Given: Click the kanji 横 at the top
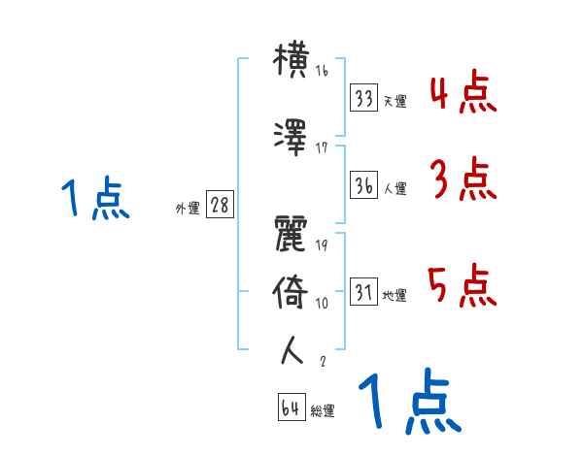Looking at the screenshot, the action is click(x=292, y=61).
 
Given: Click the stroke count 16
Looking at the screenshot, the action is click(x=322, y=70).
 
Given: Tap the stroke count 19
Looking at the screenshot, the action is click(x=322, y=246).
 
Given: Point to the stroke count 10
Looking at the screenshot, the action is click(x=322, y=303).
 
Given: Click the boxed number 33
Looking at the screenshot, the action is click(x=364, y=98).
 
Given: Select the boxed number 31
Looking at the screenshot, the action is click(x=364, y=293).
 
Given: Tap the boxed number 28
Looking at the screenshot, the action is click(x=221, y=207).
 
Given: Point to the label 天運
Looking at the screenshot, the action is click(x=394, y=101).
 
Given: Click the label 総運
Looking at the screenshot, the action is click(x=322, y=411).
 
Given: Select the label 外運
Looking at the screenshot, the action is click(x=188, y=209).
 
